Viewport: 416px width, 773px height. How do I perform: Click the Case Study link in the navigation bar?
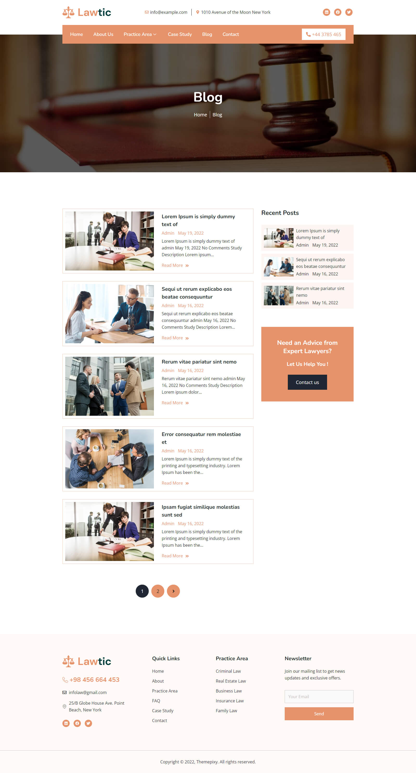tap(180, 34)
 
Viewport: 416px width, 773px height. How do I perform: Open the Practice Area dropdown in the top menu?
tap(140, 34)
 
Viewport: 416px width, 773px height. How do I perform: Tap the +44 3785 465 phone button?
tap(323, 34)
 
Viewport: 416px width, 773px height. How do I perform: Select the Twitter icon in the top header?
tap(349, 12)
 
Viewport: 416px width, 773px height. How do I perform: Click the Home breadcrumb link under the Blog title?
tap(200, 115)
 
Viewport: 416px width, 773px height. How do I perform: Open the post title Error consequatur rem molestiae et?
tap(201, 438)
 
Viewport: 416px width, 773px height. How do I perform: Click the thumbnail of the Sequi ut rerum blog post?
tap(109, 314)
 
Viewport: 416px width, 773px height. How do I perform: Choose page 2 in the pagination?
tap(158, 591)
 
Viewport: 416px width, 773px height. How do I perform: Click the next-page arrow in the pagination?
tap(173, 591)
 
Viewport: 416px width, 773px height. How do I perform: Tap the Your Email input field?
tap(319, 697)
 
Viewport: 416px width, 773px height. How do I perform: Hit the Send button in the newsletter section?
tap(319, 713)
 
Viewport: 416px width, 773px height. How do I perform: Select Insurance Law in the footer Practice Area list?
tap(230, 701)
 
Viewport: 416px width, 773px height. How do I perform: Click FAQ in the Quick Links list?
tap(156, 701)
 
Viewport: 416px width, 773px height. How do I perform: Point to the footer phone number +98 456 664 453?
tap(94, 680)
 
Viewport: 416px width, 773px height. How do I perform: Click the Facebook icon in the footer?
tap(77, 723)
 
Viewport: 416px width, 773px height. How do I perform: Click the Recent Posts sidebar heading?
tap(280, 213)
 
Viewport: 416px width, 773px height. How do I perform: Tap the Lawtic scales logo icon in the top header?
tap(68, 12)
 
